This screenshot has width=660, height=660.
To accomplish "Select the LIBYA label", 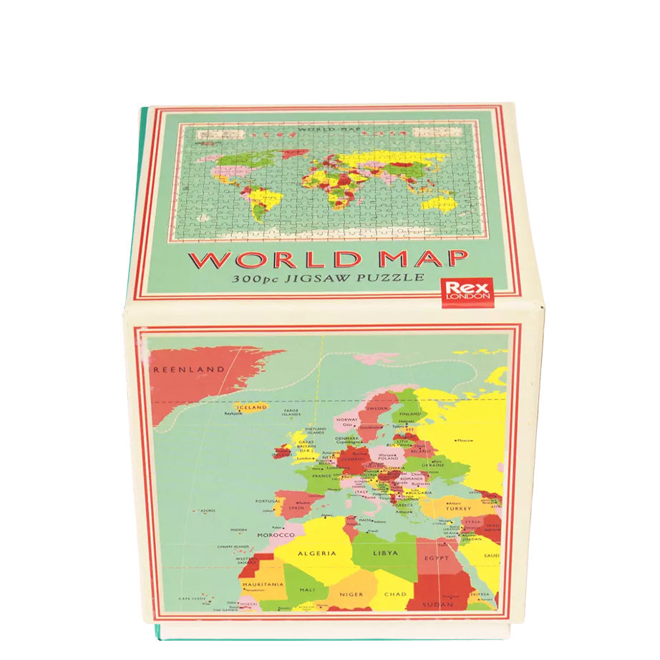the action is tap(385, 553).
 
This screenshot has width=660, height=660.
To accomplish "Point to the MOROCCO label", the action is tap(276, 535).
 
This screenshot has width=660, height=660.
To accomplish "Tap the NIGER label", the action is tap(351, 594).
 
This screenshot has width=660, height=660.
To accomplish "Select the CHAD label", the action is tap(395, 594).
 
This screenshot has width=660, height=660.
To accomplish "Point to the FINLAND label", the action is tap(409, 414).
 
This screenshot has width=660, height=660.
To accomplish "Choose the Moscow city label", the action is tap(465, 440).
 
